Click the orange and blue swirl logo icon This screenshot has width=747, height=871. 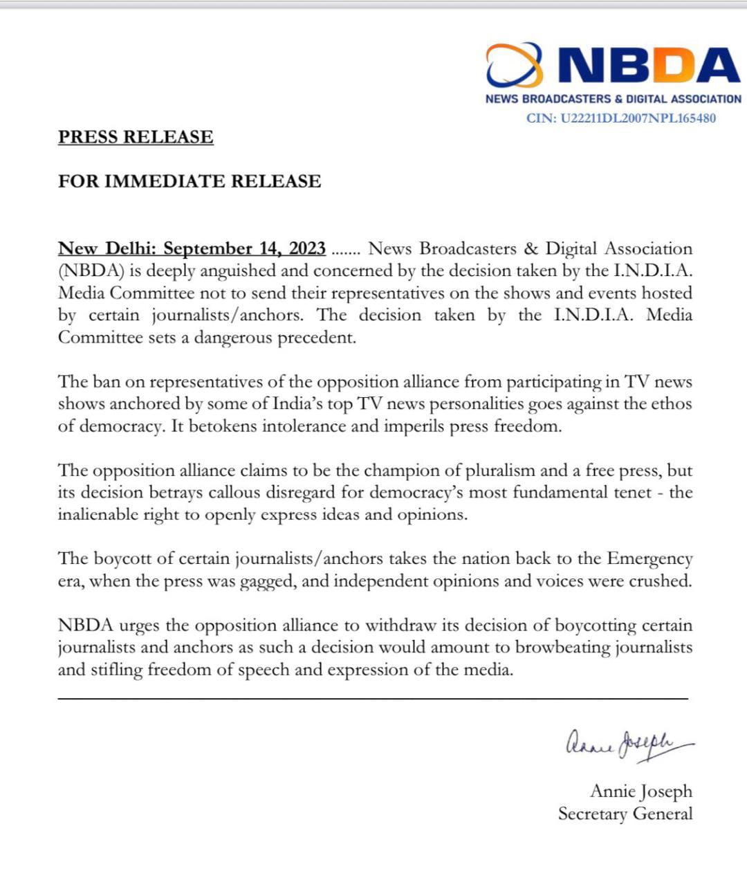coord(514,65)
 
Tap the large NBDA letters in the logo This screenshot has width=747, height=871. coord(649,66)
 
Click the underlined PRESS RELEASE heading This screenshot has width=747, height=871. coord(136,137)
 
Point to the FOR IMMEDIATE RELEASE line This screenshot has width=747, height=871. coord(190,181)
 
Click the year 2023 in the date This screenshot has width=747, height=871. coord(307,248)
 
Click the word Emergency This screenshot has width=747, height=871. coord(649,559)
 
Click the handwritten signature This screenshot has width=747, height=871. coord(628,744)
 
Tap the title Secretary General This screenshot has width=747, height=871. coord(625,814)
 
